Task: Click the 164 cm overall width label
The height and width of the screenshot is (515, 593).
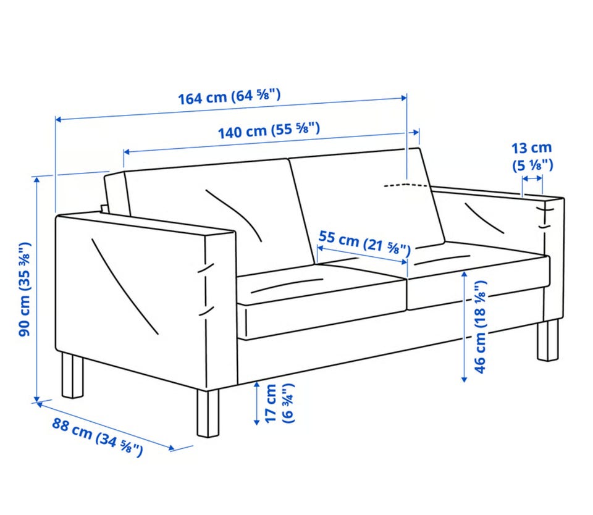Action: click(x=230, y=96)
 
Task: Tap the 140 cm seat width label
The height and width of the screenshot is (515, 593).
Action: click(x=269, y=130)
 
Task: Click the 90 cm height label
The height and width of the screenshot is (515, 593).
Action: click(x=25, y=289)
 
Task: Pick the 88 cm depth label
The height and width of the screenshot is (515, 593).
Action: click(x=98, y=436)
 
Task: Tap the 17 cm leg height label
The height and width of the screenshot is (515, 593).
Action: click(x=279, y=403)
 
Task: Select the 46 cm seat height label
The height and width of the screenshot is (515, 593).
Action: click(x=479, y=327)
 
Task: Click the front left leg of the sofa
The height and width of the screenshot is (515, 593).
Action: click(x=72, y=375)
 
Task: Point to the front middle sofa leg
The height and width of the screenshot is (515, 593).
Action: click(x=208, y=413)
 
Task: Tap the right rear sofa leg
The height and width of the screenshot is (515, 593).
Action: click(x=548, y=340)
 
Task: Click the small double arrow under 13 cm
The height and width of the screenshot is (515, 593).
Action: click(x=532, y=178)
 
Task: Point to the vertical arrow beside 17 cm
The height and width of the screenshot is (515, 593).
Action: click(x=256, y=403)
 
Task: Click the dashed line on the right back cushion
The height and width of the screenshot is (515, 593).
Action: click(x=407, y=185)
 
